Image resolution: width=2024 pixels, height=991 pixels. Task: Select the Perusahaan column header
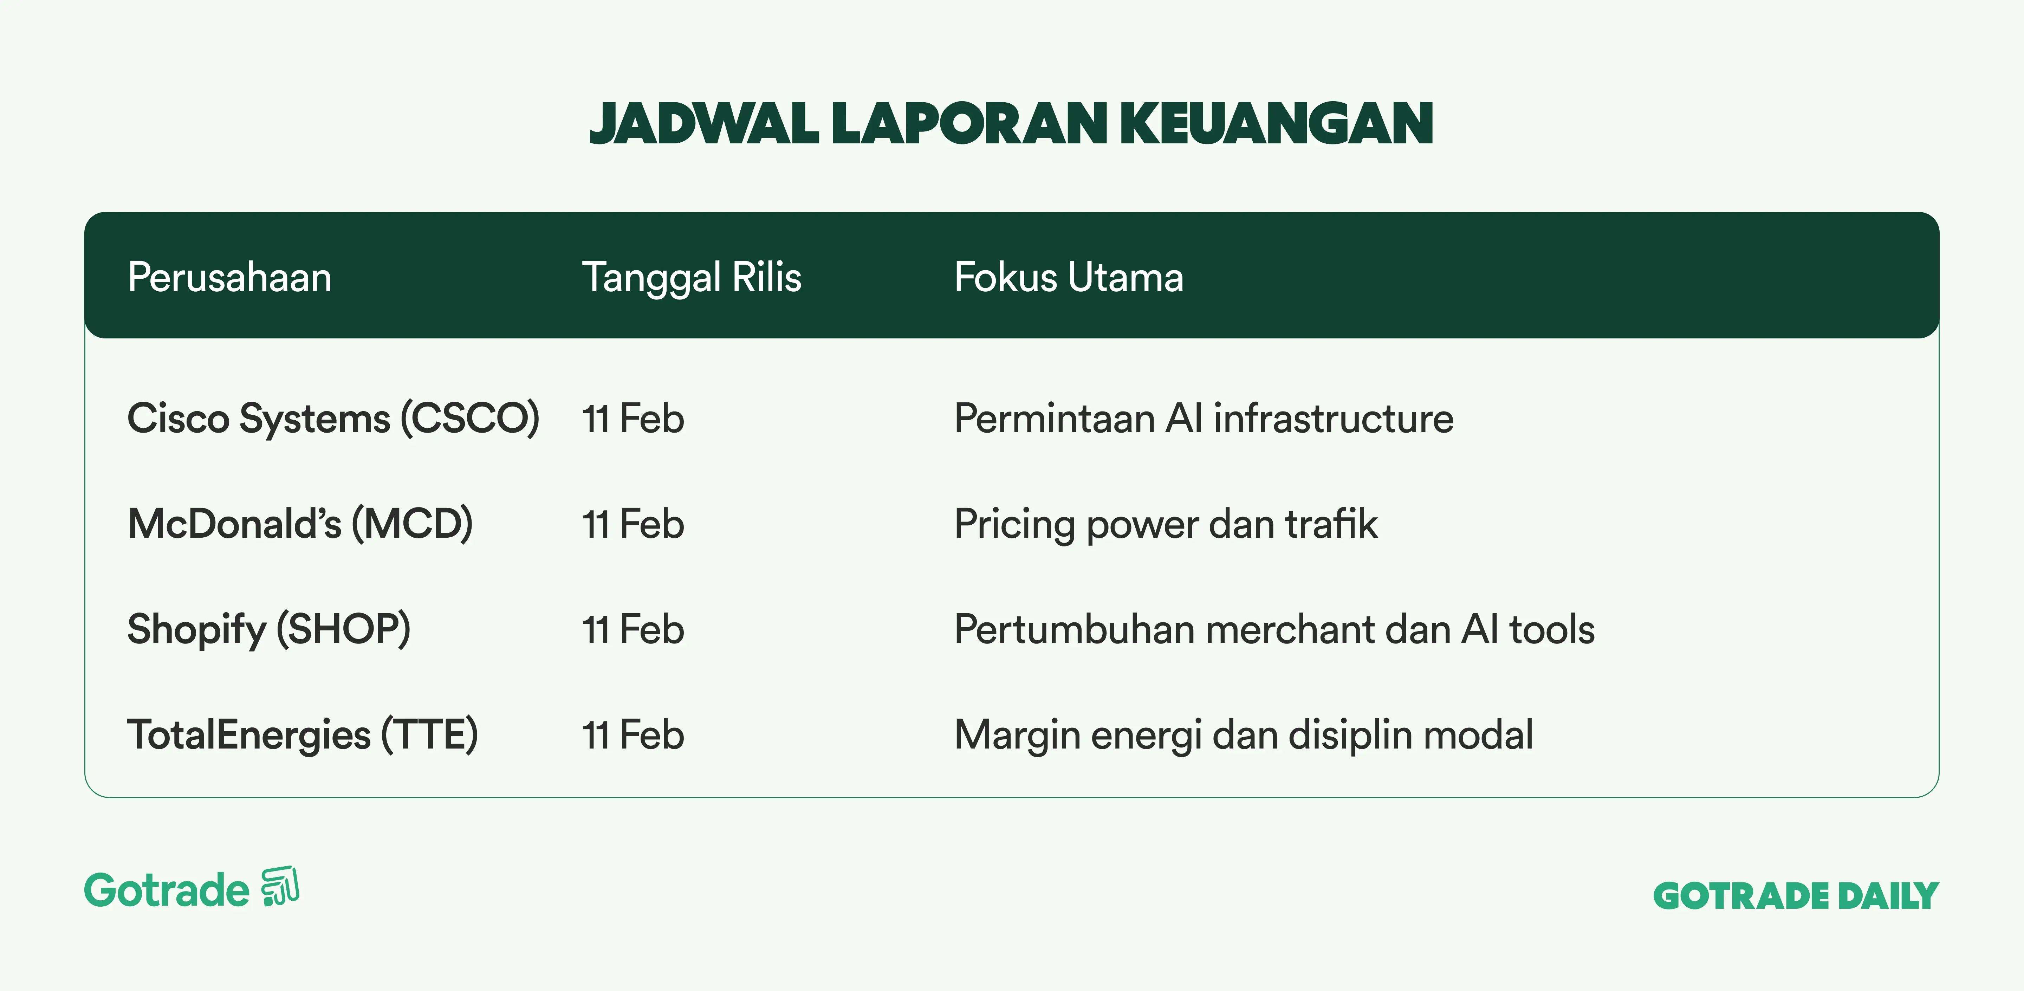pyautogui.click(x=229, y=277)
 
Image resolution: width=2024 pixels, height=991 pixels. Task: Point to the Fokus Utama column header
pyautogui.click(x=1069, y=277)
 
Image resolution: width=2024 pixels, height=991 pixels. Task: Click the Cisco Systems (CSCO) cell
pyautogui.click(x=333, y=418)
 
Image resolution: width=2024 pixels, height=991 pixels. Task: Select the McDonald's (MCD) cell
pyautogui.click(x=300, y=523)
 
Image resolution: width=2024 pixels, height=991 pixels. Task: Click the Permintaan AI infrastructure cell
pyautogui.click(x=1204, y=418)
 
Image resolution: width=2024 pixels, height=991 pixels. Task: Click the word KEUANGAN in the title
pyautogui.click(x=1277, y=124)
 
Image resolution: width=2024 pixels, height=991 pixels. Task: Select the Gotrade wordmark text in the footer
pyautogui.click(x=167, y=890)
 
